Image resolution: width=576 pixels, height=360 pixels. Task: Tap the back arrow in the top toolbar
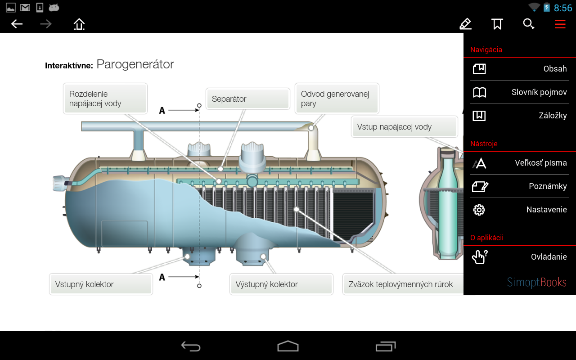coord(17,24)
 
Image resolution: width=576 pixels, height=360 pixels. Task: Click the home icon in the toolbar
coord(79,24)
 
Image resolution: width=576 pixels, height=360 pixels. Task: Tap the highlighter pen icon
coord(465,24)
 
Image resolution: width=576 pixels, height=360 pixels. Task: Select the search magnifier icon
coord(528,24)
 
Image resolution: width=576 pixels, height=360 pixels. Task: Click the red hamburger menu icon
coord(560,24)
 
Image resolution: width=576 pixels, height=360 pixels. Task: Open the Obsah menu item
coord(519,69)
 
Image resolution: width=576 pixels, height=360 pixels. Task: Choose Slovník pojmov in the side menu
coord(519,92)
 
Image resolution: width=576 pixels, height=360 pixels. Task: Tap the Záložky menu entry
coord(519,116)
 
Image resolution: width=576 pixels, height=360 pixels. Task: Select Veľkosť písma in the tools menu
coord(519,163)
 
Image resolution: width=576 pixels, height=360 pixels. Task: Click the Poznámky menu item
coord(519,186)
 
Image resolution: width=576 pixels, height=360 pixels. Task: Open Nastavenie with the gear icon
coord(519,210)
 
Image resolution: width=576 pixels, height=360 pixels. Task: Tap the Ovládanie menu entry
coord(519,257)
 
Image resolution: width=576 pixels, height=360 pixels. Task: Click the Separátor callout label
coord(247,99)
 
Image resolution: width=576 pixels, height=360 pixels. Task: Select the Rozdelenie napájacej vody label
coord(105,99)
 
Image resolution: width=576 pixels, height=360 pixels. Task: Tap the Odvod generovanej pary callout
coord(337,99)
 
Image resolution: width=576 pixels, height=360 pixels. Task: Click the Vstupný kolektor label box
coord(101,284)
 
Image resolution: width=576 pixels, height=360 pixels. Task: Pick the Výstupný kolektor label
coord(281,284)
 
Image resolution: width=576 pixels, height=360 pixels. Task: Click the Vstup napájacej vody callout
coord(404,127)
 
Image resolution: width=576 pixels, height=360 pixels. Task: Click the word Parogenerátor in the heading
coord(135,64)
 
